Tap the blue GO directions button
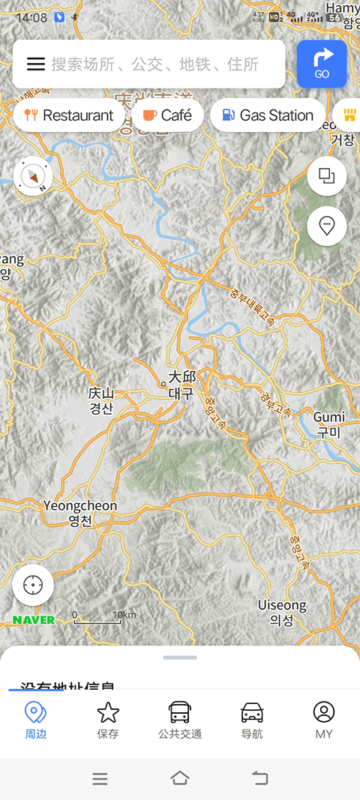pos(322,64)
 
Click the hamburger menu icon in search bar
pos(36,64)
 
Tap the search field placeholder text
pos(154,64)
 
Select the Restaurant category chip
pos(69,115)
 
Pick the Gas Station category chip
pos(268,115)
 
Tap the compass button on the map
pos(33,177)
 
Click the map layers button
pos(326,176)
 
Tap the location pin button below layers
pos(326,226)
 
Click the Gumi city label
pos(328,424)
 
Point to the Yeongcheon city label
pos(80,513)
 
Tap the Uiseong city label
pos(282,612)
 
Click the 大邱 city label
pos(181,384)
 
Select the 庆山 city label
pos(100,400)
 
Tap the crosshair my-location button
pos(33,585)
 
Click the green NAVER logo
pos(34,620)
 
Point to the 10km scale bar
pos(97,618)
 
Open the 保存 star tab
pos(108,720)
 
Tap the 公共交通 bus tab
pos(180,720)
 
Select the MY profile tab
pos(324,720)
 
